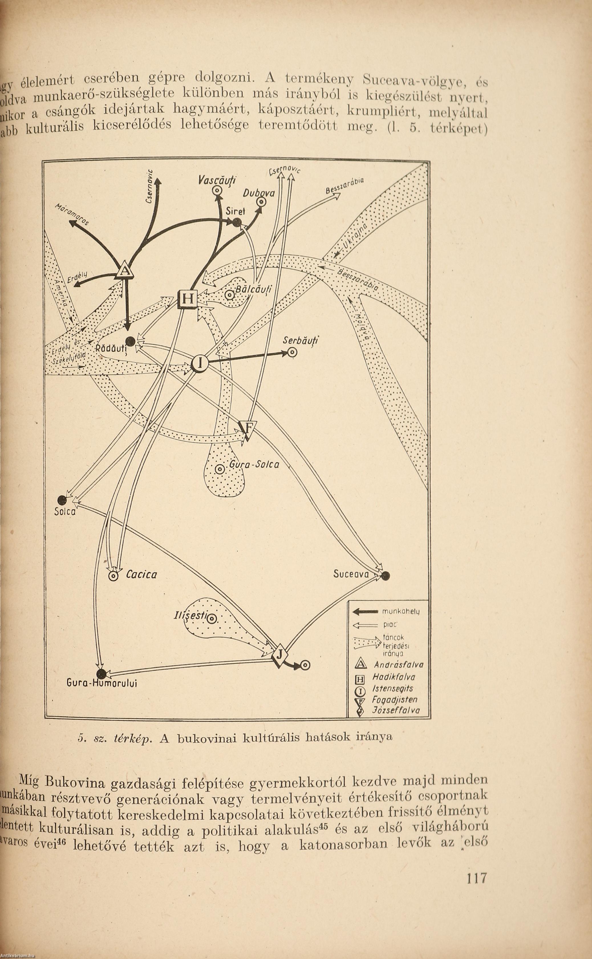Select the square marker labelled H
pos(188,299)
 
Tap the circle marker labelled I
pos(199,365)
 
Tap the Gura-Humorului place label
pos(102,683)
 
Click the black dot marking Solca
pos(62,500)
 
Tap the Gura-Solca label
pos(254,465)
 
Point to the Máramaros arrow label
pos(72,214)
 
